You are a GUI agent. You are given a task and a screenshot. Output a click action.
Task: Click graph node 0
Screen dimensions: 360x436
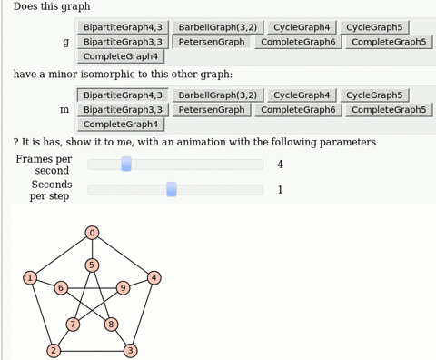(x=92, y=233)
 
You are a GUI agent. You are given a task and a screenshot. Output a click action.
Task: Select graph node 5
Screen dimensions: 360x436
(x=92, y=265)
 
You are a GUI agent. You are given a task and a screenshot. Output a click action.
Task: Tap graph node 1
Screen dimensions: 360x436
(x=30, y=277)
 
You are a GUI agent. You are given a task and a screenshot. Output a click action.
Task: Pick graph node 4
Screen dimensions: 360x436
(x=154, y=277)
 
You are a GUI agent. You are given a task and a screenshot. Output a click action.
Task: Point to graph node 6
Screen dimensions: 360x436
(x=61, y=288)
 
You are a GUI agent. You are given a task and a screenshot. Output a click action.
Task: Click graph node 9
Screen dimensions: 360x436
(x=123, y=288)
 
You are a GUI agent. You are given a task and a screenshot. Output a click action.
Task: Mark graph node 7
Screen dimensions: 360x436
(x=73, y=324)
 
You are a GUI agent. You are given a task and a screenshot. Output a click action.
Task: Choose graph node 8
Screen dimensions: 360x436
(x=111, y=324)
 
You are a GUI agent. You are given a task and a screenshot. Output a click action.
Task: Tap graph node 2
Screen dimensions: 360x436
(x=54, y=350)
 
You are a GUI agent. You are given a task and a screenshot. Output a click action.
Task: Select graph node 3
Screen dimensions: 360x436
(x=130, y=350)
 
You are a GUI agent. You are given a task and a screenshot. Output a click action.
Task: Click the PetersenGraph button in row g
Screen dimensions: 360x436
(x=212, y=42)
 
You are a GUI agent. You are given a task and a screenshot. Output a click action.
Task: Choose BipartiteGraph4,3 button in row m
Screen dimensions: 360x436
(x=123, y=95)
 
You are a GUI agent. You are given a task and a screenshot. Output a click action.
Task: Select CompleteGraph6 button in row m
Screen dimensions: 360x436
(x=298, y=109)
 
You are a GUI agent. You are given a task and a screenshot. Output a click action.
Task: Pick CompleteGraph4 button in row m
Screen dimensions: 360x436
(x=120, y=124)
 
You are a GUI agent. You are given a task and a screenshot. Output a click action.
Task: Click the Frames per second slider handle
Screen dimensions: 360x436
(x=126, y=164)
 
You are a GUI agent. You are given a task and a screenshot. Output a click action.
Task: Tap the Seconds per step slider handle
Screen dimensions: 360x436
(x=172, y=189)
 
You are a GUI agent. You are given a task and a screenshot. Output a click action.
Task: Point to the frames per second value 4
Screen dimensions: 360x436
(x=280, y=165)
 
